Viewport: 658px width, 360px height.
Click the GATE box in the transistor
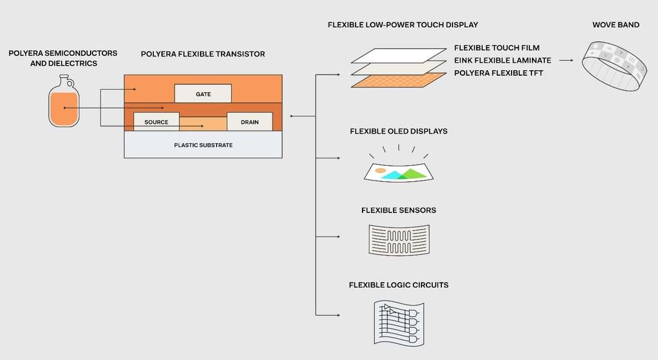(x=203, y=94)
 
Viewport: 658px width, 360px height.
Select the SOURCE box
(x=156, y=122)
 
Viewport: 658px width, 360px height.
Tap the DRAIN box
(x=250, y=122)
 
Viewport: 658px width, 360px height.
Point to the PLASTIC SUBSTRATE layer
(x=203, y=145)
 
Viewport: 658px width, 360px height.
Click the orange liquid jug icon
(x=64, y=102)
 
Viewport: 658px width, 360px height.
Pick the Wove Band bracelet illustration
(x=611, y=65)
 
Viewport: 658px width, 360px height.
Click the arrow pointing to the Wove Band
(x=564, y=60)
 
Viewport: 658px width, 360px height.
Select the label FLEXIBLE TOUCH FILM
(x=497, y=48)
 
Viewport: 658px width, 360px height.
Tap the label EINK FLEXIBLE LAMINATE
(x=502, y=60)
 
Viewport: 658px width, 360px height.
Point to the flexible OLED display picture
(x=398, y=171)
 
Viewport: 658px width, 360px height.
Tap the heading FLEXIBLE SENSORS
(x=399, y=210)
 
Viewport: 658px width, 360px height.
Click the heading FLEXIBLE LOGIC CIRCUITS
(x=399, y=285)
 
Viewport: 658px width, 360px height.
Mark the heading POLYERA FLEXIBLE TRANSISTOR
(x=203, y=54)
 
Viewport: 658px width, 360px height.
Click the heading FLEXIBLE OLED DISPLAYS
(x=399, y=132)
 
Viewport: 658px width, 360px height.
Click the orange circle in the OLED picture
(x=380, y=169)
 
